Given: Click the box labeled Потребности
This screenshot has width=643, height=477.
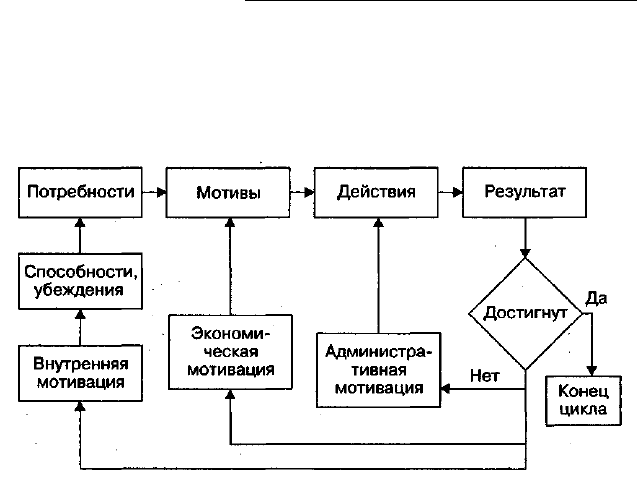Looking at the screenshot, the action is tap(80, 192).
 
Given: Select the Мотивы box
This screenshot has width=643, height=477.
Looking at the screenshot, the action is tap(228, 192).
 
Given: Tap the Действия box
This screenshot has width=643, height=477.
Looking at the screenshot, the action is tap(376, 192).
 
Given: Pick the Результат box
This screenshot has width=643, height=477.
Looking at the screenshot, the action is tap(524, 192).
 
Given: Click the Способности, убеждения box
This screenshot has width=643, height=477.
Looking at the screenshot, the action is tap(80, 281).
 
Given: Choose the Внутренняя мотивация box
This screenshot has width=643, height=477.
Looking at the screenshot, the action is tap(80, 373).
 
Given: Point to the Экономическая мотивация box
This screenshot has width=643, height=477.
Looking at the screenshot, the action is tap(230, 352).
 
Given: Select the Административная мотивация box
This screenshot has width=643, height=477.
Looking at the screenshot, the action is tap(379, 370).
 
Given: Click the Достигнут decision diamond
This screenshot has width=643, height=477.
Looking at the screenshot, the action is tap(525, 314).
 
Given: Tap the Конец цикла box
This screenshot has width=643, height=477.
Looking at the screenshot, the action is tap(584, 401).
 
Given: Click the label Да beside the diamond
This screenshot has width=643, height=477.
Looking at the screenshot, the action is tap(596, 298).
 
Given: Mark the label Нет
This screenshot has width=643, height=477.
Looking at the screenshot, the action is tap(485, 376).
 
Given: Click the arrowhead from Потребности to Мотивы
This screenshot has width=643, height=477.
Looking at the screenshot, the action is tap(162, 192).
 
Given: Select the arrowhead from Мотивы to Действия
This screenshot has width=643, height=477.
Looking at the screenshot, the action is tap(310, 192).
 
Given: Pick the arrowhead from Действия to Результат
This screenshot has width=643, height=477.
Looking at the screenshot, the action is tap(458, 192).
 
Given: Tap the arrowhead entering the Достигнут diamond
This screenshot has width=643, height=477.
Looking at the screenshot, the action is tap(525, 253).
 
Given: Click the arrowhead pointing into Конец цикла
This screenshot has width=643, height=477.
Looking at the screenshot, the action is tap(592, 371).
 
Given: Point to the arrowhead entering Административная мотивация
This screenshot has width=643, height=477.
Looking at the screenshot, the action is tap(445, 388).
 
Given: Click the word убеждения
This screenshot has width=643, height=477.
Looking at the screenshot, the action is tap(79, 290).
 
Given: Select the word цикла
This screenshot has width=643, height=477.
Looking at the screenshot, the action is tap(583, 409).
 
